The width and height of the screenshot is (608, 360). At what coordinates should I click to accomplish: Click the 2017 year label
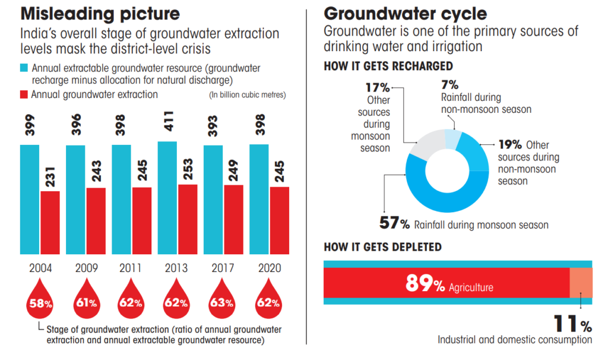coord(223,268)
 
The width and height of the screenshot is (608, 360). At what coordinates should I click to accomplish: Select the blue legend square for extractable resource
coord(25,68)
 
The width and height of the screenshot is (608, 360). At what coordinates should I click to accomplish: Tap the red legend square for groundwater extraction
coord(25,94)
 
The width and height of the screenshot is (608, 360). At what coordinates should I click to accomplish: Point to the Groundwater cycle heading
coord(405,13)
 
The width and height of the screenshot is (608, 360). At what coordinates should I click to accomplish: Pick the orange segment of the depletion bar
coord(580,282)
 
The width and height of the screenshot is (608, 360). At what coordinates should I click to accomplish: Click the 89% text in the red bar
coord(425,285)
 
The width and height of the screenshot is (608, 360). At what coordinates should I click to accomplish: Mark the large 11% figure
coord(572,324)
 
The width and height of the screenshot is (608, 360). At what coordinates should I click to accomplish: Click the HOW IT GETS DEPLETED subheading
coord(382,247)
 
